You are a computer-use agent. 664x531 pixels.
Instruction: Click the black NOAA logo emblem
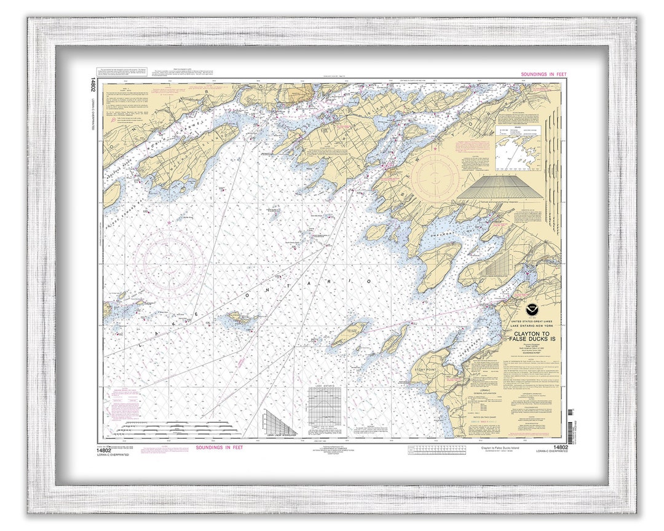(x=531, y=310)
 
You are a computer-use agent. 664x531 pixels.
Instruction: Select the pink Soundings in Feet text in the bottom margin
(x=219, y=447)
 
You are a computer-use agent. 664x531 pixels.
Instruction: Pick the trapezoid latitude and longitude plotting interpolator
(x=499, y=187)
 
